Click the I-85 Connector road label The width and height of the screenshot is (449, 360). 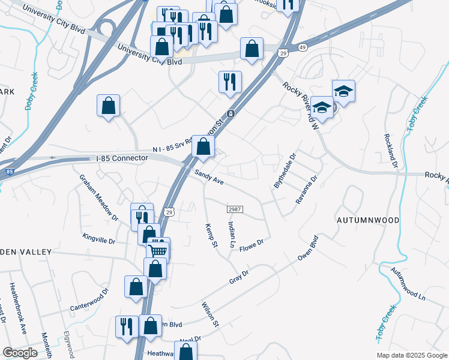click(122, 158)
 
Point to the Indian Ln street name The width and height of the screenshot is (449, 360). click(231, 234)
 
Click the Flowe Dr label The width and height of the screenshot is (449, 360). click(252, 245)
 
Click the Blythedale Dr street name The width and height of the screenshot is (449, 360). click(285, 172)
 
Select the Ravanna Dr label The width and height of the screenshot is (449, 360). click(306, 190)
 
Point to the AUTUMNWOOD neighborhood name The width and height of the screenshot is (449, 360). click(367, 220)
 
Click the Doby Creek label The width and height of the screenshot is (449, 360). click(29, 90)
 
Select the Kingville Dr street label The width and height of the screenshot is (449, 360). click(98, 240)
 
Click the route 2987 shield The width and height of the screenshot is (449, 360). click(235, 209)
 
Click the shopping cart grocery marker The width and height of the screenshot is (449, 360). click(158, 251)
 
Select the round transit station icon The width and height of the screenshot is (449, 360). click(230, 114)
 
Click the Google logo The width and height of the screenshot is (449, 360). click(20, 353)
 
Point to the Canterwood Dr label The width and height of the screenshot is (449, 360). click(89, 299)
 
